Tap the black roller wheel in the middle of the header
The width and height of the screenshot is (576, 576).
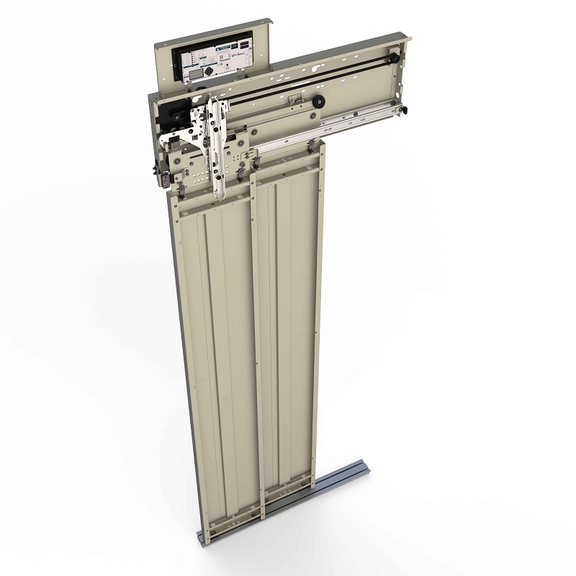[x=317, y=103]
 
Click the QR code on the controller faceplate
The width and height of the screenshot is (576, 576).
[x=207, y=71]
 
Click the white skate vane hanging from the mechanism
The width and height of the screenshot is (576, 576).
[x=215, y=148]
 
